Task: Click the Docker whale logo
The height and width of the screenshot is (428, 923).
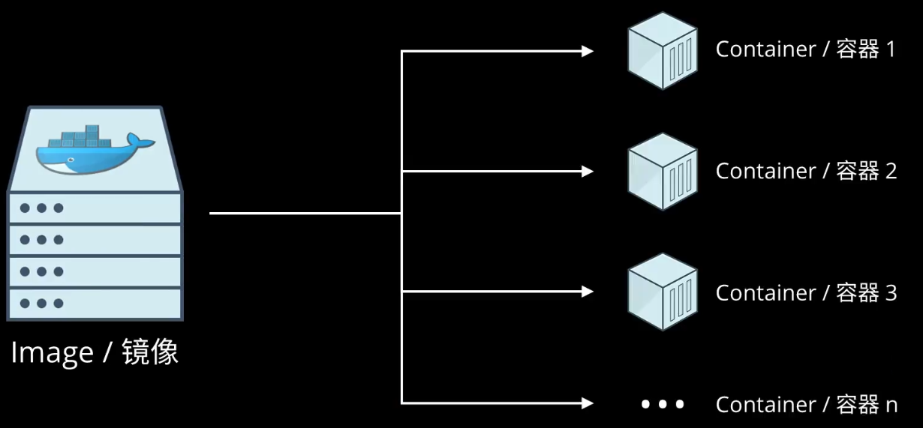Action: (x=95, y=150)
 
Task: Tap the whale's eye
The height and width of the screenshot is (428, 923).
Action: (x=71, y=160)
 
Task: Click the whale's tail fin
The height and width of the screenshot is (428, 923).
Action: (x=141, y=141)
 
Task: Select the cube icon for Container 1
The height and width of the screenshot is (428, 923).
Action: (x=663, y=51)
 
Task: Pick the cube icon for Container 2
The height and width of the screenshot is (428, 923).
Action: (x=663, y=172)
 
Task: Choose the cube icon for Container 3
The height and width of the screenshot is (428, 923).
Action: (x=663, y=292)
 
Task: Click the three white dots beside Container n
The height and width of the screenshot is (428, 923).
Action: (x=663, y=405)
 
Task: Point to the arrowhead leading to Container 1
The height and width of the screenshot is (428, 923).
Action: (x=587, y=52)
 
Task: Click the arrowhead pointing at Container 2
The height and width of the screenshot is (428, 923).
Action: (x=587, y=171)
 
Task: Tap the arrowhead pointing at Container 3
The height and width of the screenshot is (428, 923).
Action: (x=587, y=292)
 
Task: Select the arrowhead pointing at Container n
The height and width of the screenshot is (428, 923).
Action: (x=587, y=403)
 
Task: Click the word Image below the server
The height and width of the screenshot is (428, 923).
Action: (x=53, y=353)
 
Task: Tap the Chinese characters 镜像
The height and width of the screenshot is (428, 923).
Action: (x=150, y=352)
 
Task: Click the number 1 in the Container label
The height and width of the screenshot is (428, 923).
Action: (x=891, y=49)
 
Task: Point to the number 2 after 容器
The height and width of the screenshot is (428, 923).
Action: (x=891, y=171)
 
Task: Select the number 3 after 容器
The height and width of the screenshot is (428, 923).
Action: (x=891, y=293)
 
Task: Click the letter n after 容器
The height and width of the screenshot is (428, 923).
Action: (x=891, y=406)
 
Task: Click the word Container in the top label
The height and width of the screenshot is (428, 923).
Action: (x=765, y=49)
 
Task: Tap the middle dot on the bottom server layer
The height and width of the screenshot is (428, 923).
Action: (x=41, y=304)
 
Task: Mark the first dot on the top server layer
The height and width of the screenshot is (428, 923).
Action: (x=25, y=208)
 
